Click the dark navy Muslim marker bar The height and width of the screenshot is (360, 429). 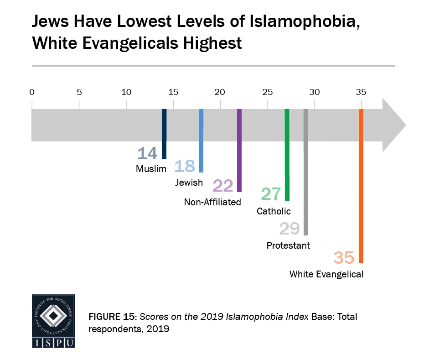tap(164, 133)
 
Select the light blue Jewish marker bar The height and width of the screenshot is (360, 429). tap(201, 140)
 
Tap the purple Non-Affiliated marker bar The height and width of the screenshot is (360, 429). tap(239, 150)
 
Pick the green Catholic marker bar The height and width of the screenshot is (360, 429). tap(287, 155)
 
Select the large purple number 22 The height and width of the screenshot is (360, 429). tap(223, 185)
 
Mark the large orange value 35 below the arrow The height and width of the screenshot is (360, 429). tap(344, 257)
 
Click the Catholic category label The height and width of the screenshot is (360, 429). tap(274, 211)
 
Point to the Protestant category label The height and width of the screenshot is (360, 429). tap(288, 245)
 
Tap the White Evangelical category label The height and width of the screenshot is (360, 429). tap(326, 275)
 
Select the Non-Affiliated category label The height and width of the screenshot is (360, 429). tap(212, 202)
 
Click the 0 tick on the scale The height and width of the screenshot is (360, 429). tap(32, 92)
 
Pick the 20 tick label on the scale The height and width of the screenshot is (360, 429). tap(220, 92)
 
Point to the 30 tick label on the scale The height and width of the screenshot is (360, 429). tap(315, 92)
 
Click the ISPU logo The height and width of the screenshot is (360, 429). tap(53, 321)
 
